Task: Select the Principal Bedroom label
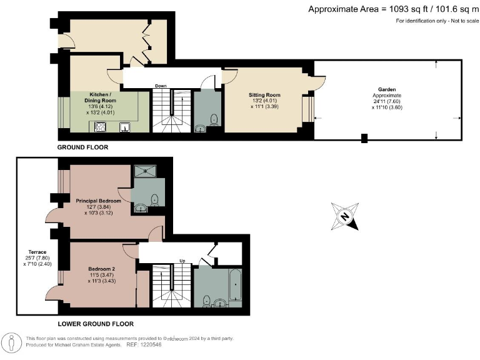coord(98,201)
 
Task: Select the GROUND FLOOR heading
coord(82,148)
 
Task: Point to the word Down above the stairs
coord(161,86)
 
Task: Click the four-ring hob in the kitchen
coord(100,127)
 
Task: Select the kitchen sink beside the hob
coord(125,127)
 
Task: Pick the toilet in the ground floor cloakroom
coord(214,119)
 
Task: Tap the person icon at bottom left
coord(12,342)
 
